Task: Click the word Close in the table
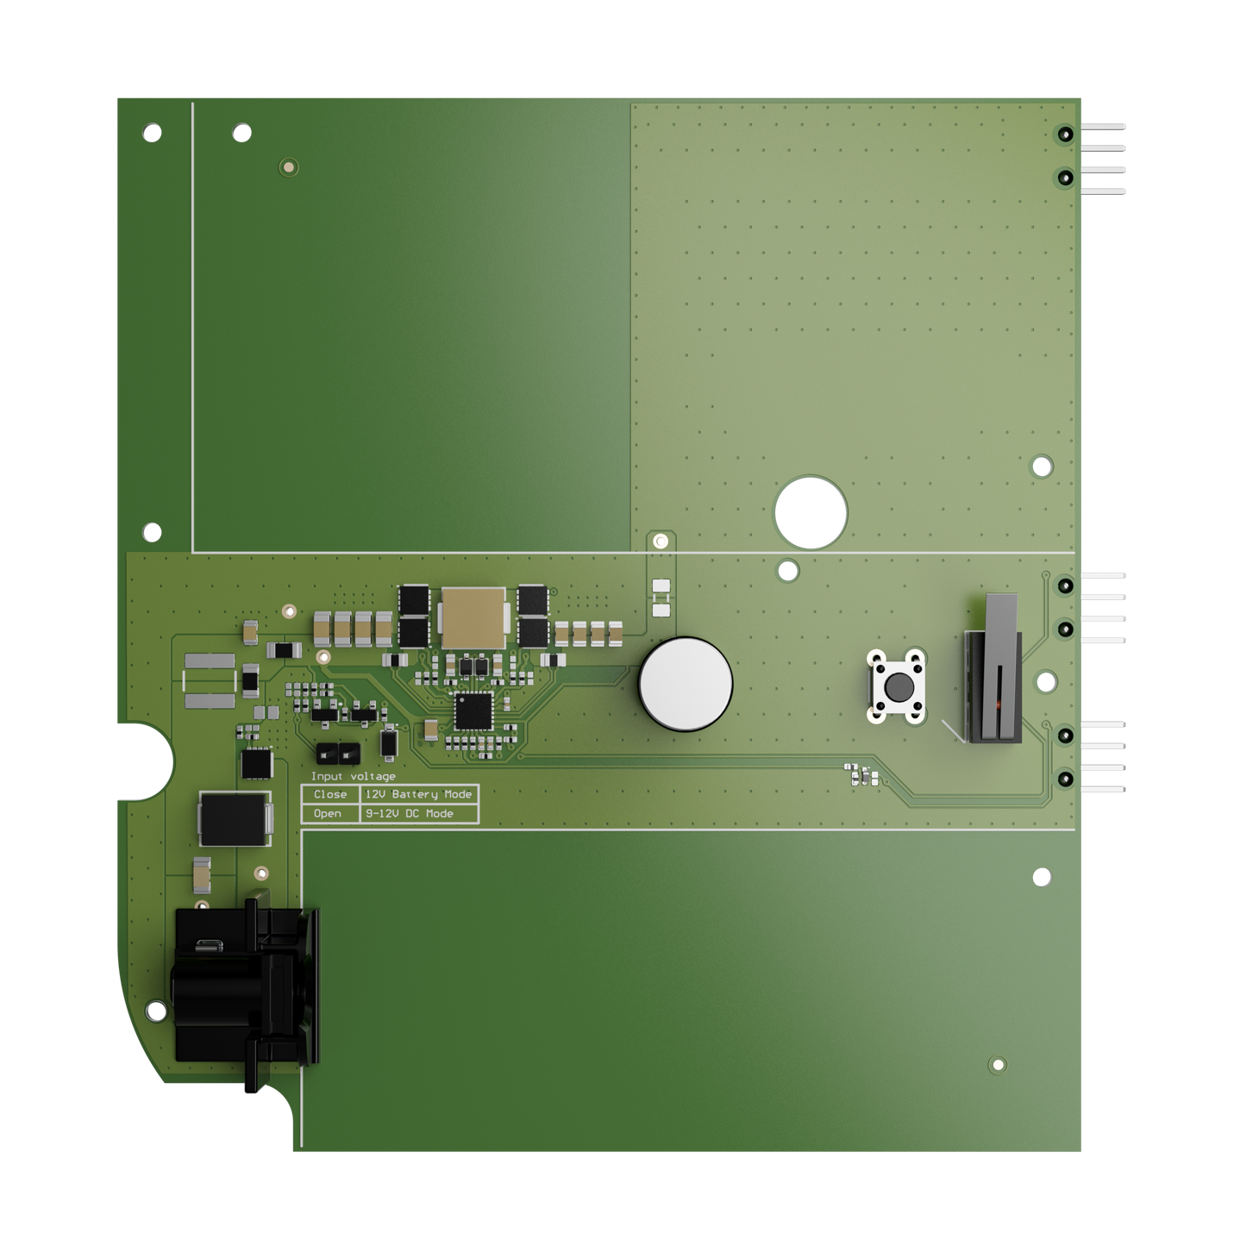pos(330,794)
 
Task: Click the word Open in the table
pos(328,813)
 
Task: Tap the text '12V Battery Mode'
pos(418,794)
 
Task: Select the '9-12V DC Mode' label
pos(409,813)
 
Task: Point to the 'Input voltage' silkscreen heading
pos(353,777)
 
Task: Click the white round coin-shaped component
pos(686,684)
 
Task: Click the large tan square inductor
pos(473,617)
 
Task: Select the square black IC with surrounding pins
pos(473,711)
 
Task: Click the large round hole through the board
pos(811,512)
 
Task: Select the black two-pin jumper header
pos(337,753)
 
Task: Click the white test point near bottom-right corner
pos(998,1065)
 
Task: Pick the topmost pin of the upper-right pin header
pos(1105,127)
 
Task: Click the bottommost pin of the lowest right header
pos(1105,789)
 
